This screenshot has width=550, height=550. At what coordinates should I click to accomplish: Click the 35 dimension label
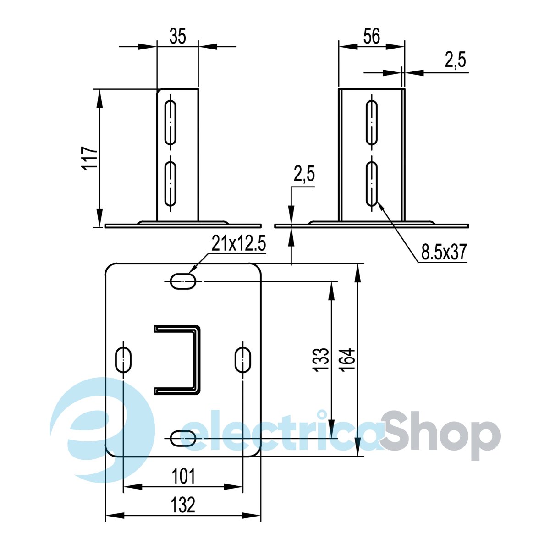(177, 36)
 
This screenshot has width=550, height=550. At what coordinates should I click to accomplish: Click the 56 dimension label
(372, 36)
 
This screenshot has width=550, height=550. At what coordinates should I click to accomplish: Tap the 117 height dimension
(90, 159)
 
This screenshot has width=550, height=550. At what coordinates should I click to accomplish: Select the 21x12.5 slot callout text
(239, 243)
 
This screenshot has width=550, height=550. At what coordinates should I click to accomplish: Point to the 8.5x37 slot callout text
(444, 252)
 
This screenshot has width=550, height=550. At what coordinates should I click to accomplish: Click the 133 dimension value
(321, 360)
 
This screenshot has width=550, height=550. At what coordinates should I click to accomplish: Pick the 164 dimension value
(347, 360)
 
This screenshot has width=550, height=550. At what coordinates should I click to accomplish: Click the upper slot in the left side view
(170, 122)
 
